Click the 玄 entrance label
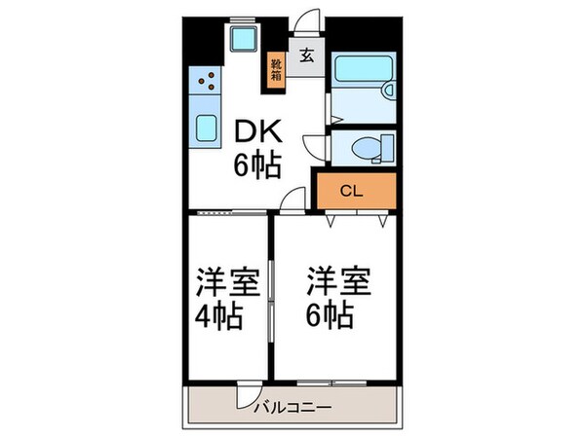tap(306, 55)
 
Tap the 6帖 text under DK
tap(255, 165)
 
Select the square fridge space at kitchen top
tap(240, 39)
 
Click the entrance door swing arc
tap(310, 21)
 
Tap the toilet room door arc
tap(316, 146)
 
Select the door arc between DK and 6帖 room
tap(290, 201)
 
